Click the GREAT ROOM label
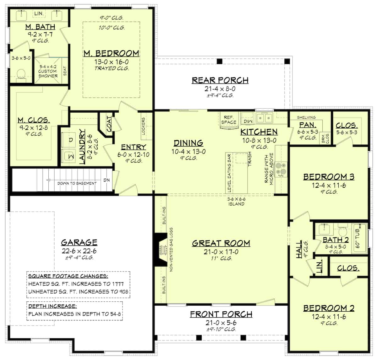221,243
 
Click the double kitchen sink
264,118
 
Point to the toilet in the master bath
21,74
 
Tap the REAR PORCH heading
220,80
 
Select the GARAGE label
79,242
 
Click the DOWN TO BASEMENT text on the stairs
77,183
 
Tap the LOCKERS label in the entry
143,126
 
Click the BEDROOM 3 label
329,177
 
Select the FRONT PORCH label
221,314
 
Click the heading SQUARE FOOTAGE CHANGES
68,276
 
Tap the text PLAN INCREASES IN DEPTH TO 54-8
74,314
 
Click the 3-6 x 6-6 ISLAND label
236,201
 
